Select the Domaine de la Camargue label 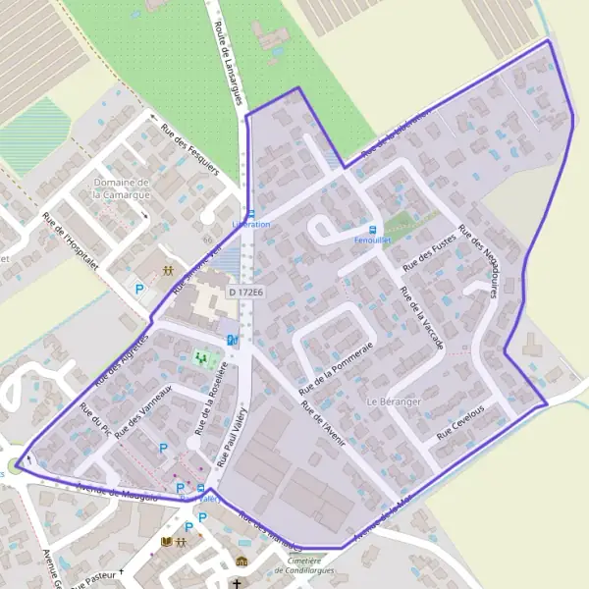pos(121,187)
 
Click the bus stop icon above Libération pos(250,213)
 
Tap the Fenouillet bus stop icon pos(371,228)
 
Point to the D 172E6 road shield pos(246,293)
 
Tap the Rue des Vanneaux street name pos(143,411)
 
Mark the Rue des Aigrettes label pos(122,358)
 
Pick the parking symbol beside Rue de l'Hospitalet pos(139,290)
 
